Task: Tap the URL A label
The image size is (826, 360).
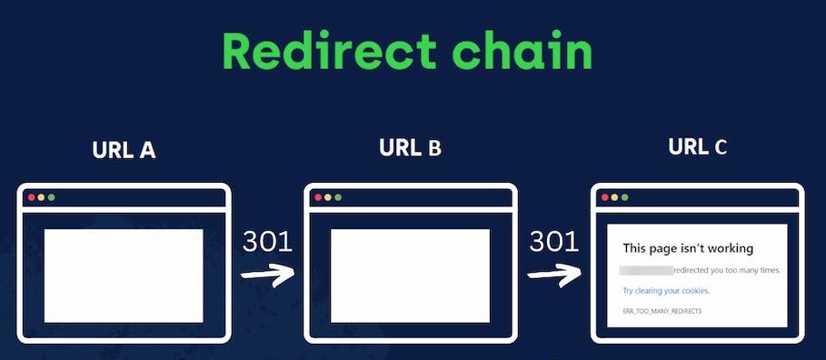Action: pos(124,150)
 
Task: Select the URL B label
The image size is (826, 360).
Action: pos(410,147)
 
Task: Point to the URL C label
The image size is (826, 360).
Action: pos(697,146)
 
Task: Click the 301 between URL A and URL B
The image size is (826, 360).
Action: pos(267,241)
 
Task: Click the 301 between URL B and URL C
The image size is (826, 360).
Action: pos(553,241)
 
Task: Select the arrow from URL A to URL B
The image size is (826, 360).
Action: pos(268,274)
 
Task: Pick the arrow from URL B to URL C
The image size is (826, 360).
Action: pos(554,273)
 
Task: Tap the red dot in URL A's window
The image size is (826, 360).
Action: pos(31,197)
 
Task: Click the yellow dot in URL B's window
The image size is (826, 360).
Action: pos(327,197)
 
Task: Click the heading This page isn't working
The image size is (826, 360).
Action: pos(688,248)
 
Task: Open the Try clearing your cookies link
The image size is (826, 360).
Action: pos(665,291)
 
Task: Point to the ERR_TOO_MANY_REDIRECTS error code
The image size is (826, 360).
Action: pos(662,311)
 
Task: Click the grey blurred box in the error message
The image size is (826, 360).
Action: pos(646,270)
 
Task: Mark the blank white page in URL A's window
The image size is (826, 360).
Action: pos(124,275)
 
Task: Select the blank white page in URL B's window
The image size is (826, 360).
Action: pos(410,275)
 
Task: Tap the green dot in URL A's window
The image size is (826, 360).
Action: pos(51,197)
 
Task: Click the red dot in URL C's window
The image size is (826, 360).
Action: pos(604,197)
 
